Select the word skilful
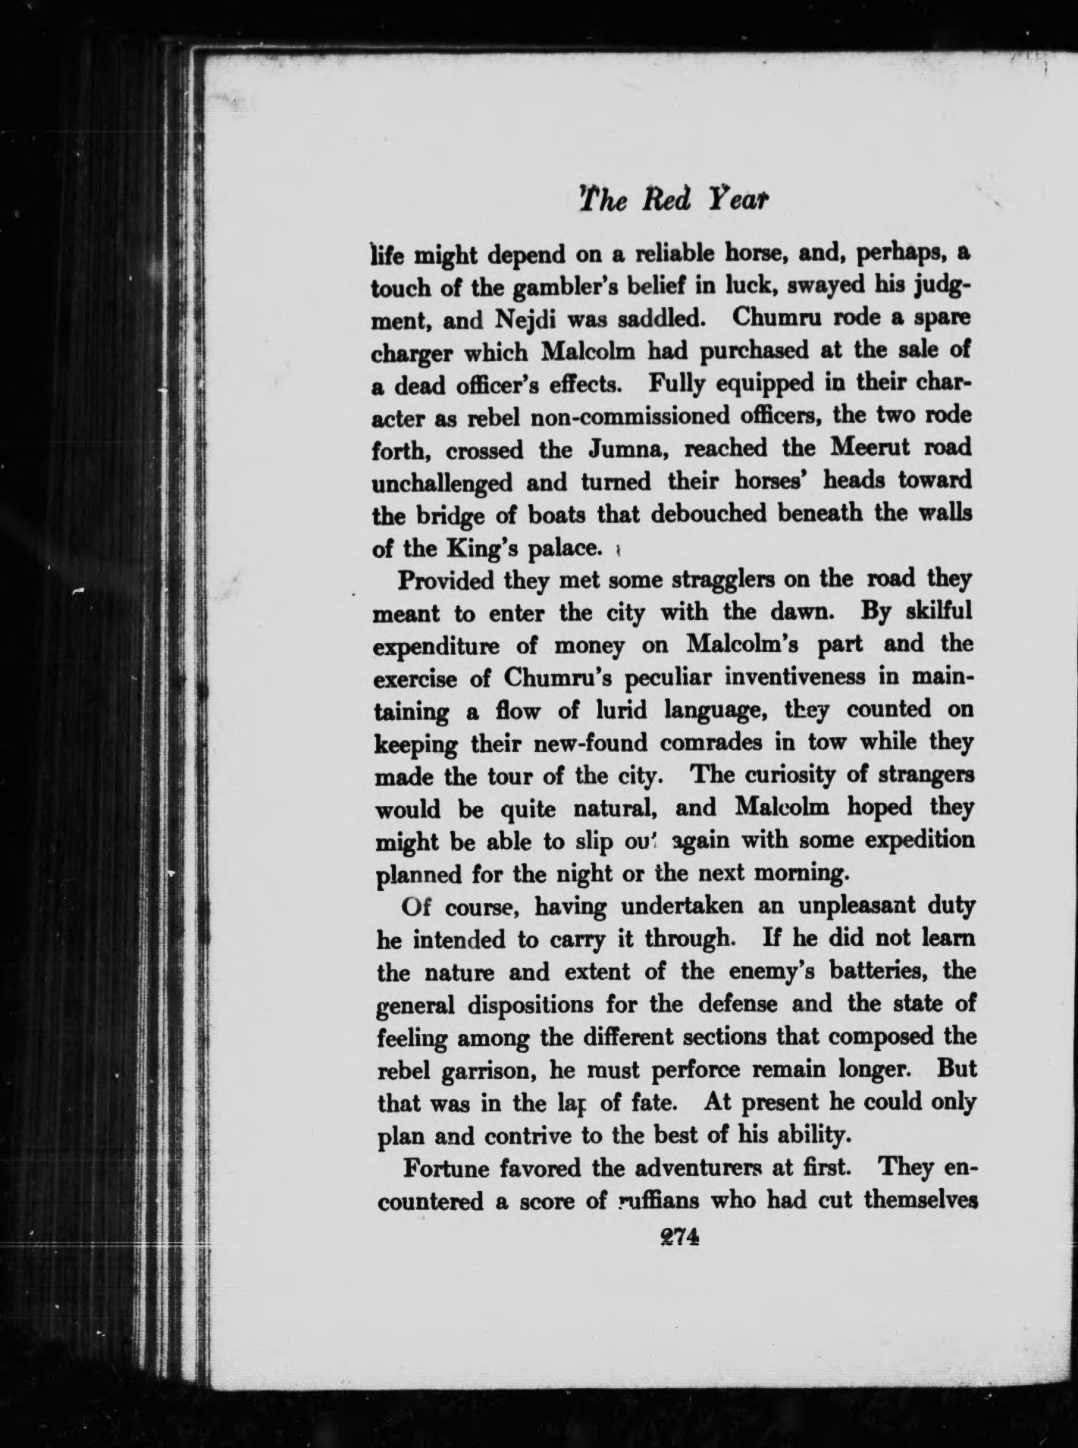pyautogui.click(x=928, y=613)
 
